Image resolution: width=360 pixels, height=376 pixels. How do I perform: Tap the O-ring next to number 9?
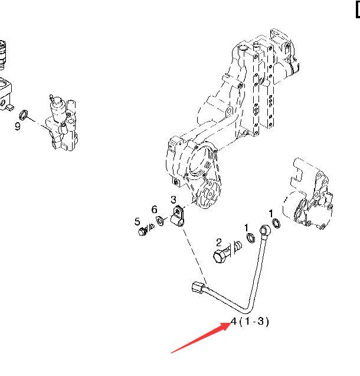tap(24, 113)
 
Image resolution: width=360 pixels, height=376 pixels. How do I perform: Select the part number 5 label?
tap(137, 222)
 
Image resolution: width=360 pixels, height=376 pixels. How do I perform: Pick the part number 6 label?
tap(154, 210)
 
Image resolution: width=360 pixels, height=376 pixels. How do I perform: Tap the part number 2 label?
tap(218, 242)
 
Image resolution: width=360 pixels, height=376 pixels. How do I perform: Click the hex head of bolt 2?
tap(220, 257)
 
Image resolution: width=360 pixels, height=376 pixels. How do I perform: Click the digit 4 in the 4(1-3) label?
tap(234, 322)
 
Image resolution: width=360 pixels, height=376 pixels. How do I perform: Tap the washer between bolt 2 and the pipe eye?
tap(250, 238)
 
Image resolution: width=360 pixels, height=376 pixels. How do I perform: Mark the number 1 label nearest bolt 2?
tap(247, 227)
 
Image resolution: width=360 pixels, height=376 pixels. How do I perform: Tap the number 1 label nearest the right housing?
tap(271, 212)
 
